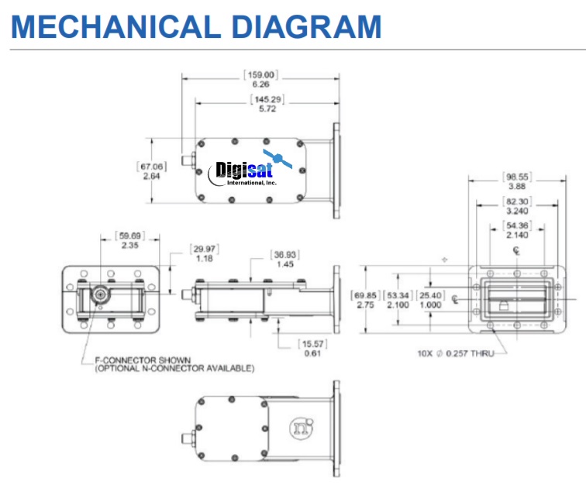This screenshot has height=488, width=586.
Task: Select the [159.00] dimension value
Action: pos(260,75)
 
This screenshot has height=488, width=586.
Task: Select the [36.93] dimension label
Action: pos(282,255)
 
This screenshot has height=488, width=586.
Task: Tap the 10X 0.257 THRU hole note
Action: pos(454,353)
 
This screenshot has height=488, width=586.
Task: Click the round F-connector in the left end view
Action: pos(99,295)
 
